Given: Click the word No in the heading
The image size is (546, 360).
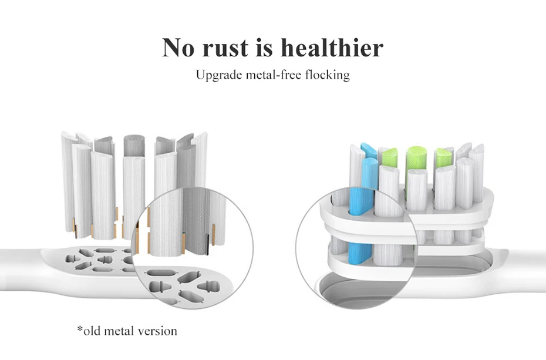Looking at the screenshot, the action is (x=178, y=48).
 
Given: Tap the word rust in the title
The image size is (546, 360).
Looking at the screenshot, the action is (x=225, y=48).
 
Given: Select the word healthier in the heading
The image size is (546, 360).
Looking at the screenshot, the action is (x=332, y=48).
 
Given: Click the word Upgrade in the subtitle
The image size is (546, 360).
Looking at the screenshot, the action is (x=217, y=75).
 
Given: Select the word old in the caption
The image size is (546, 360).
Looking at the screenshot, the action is (x=93, y=331).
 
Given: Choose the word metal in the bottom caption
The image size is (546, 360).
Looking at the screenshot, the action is (x=120, y=331).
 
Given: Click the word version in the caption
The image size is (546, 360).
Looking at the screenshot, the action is (x=157, y=331).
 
